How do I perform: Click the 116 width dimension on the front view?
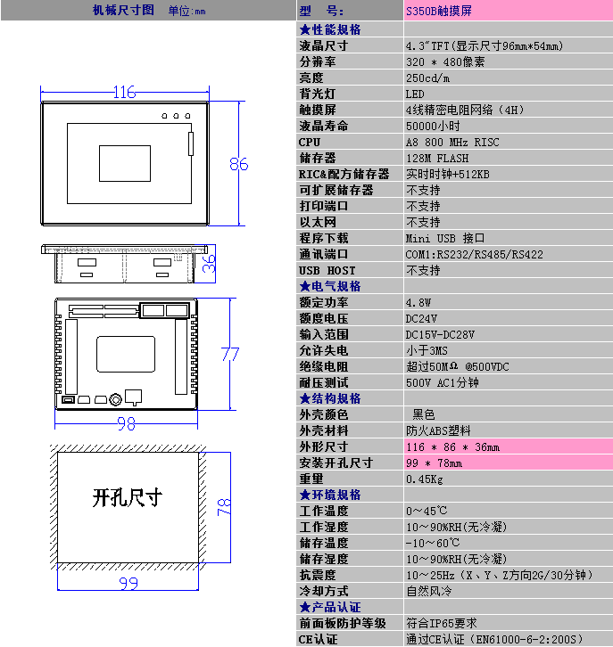click(125, 92)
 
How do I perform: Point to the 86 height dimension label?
click(239, 164)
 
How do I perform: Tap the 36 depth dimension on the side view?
click(209, 264)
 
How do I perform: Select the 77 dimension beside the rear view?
click(230, 354)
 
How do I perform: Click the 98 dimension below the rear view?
click(126, 424)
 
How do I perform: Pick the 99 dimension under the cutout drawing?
click(128, 584)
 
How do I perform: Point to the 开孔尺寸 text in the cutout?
click(128, 497)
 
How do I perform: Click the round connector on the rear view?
click(115, 399)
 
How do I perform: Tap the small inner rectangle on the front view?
click(125, 163)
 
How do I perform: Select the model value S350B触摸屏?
click(439, 11)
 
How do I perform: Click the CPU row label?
click(310, 142)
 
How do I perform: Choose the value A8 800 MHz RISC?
click(452, 143)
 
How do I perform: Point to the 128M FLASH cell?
click(437, 159)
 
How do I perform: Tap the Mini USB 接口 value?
click(445, 239)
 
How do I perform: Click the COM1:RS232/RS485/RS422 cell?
click(474, 255)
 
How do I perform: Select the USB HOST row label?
click(327, 271)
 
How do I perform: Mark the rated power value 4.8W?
click(418, 303)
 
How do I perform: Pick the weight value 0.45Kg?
click(424, 479)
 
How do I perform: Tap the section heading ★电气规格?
click(330, 286)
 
